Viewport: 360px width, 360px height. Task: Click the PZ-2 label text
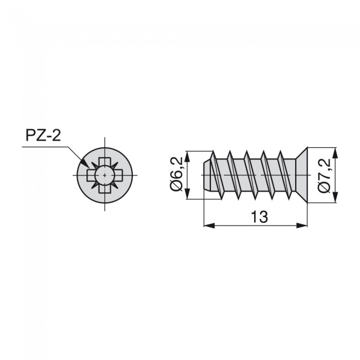point(43,136)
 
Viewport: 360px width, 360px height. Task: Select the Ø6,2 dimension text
point(177,174)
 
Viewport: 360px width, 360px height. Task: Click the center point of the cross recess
point(104,175)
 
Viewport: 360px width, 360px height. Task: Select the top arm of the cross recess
point(104,163)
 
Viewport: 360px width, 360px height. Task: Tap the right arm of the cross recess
point(116,175)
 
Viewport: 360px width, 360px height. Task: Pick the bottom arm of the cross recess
point(104,187)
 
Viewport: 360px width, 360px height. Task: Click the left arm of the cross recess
point(91,175)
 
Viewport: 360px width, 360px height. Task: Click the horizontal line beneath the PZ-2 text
point(44,147)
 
